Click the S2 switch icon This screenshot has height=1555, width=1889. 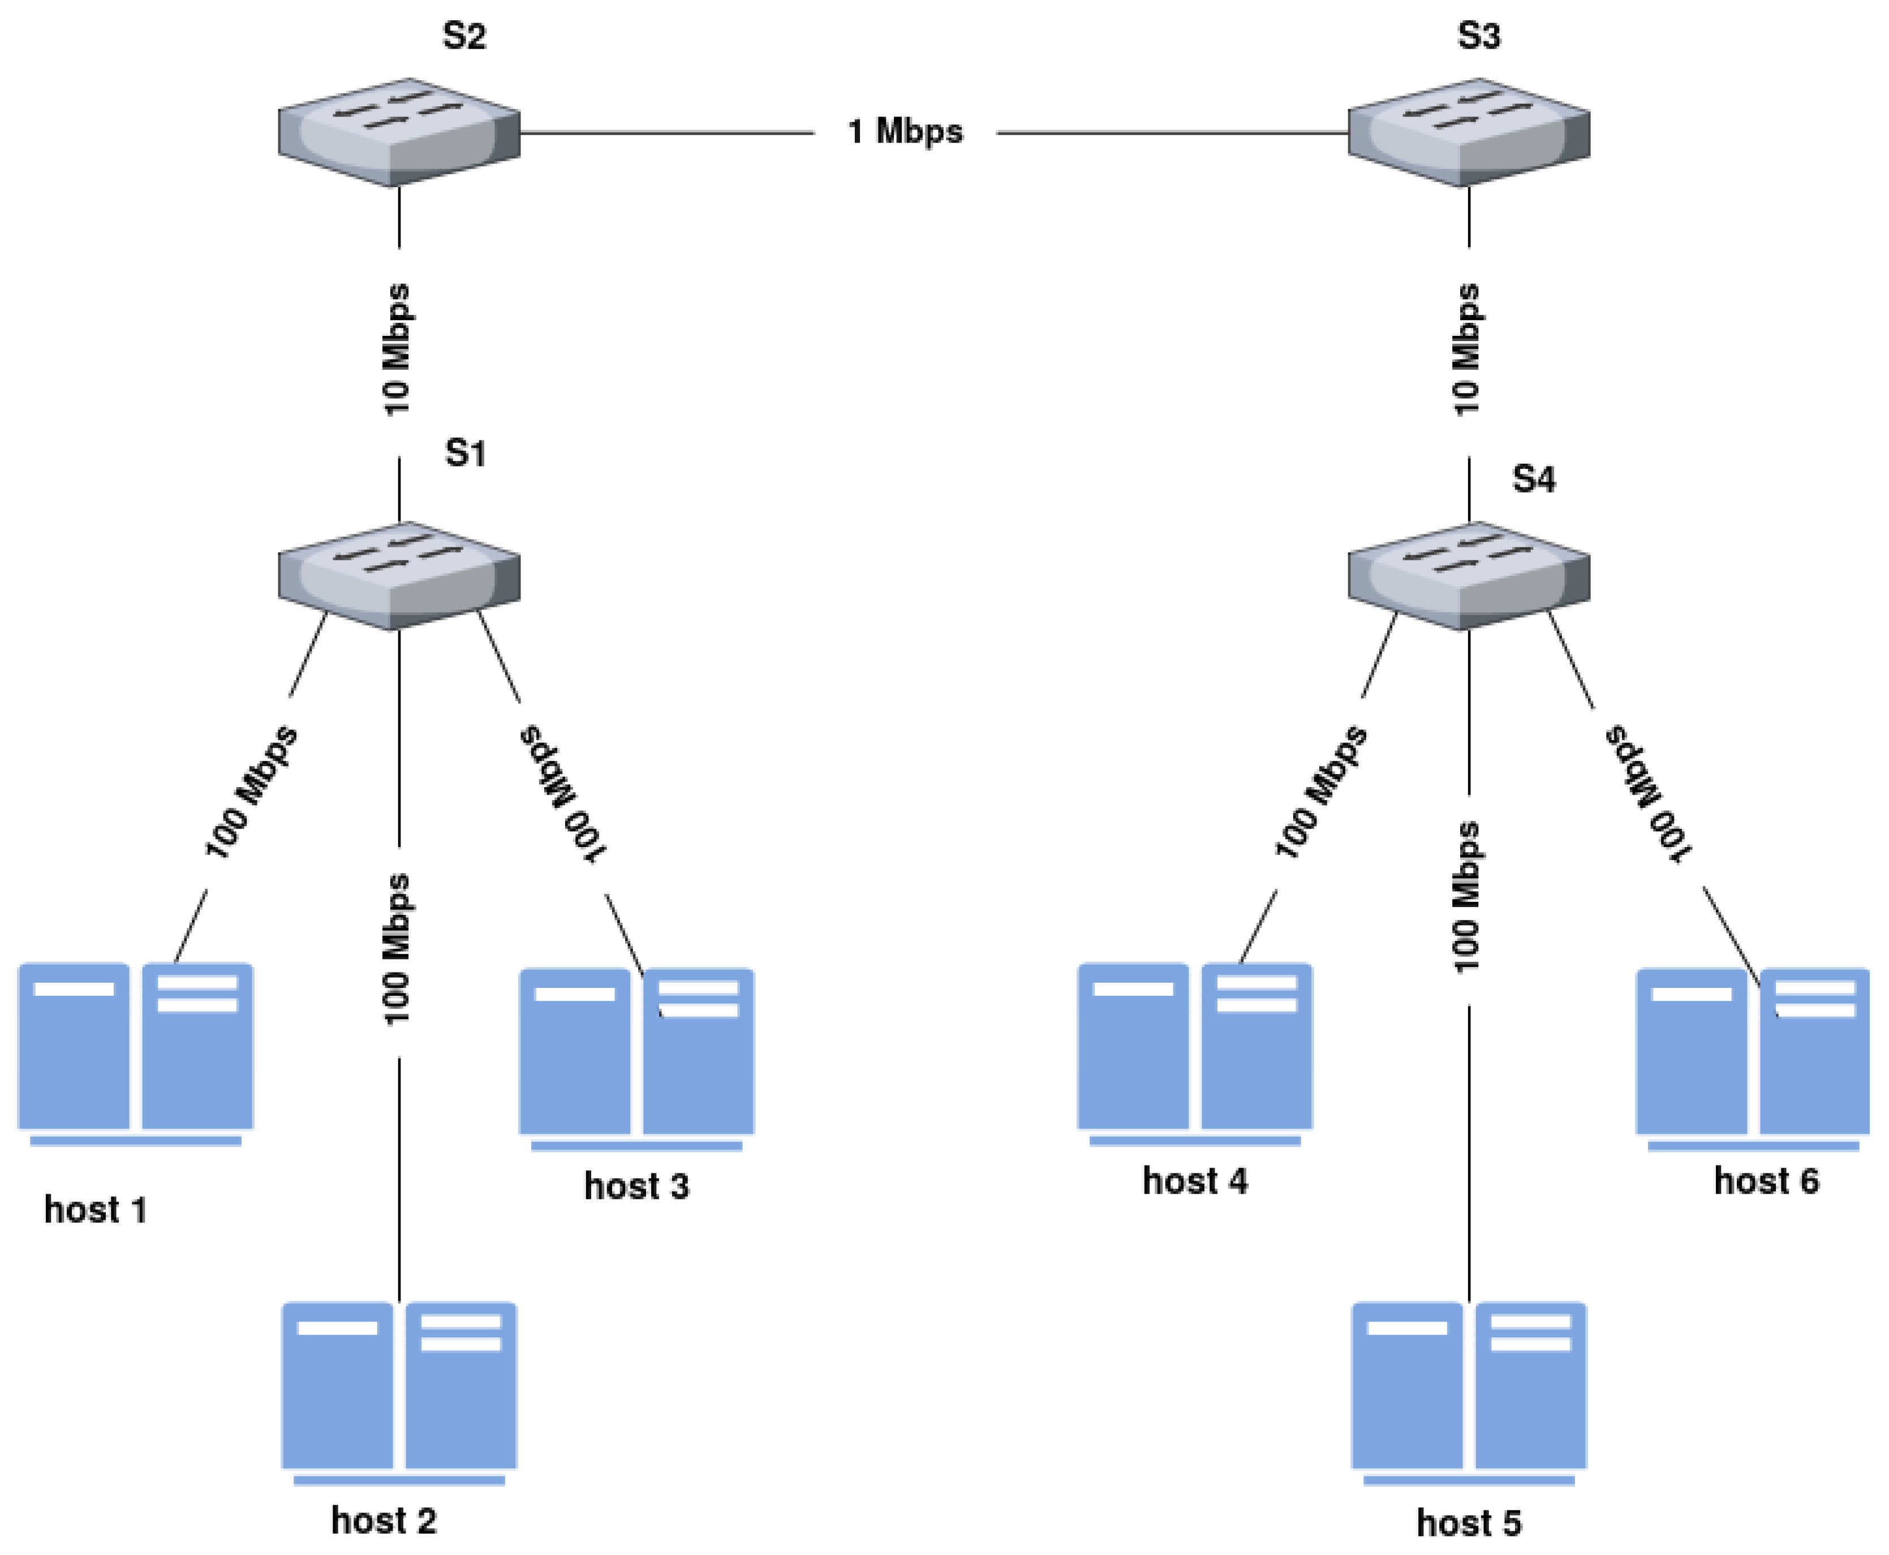(399, 132)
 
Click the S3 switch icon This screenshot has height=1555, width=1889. (1468, 132)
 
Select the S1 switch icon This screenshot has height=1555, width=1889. (399, 575)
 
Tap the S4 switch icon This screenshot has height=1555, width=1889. (1468, 575)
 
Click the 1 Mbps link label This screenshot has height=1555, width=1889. (905, 132)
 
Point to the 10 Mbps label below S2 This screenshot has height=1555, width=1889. (396, 349)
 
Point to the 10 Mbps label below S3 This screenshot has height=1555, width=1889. (1466, 349)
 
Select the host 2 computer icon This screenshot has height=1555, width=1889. (399, 1392)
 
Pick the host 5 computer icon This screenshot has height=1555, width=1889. (1468, 1392)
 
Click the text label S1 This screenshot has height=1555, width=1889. (465, 453)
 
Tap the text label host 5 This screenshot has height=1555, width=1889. (1468, 1523)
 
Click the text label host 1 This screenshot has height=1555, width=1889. (95, 1210)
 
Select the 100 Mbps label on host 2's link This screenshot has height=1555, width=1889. (396, 949)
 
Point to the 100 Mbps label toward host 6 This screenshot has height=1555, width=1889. (1647, 794)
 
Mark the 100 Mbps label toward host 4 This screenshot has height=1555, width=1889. (1321, 792)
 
